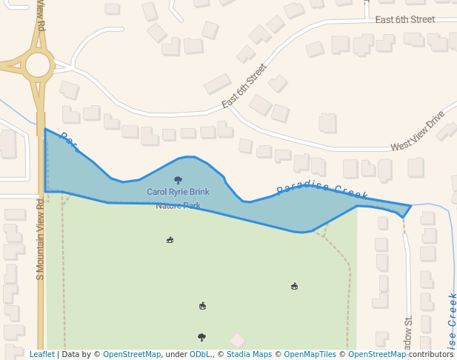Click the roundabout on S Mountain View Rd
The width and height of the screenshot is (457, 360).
click(38, 64)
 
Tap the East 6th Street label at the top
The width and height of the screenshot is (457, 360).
click(404, 19)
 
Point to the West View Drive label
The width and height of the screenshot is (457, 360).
click(417, 131)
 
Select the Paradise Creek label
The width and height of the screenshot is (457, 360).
click(322, 190)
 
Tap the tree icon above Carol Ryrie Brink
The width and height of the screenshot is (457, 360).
click(178, 180)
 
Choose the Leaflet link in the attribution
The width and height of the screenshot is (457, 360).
click(42, 355)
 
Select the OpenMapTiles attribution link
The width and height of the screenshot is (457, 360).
click(310, 355)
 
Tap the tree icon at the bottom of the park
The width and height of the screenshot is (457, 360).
click(201, 337)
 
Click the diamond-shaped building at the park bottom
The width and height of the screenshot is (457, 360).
click(237, 340)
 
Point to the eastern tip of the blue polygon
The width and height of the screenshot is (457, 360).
click(410, 206)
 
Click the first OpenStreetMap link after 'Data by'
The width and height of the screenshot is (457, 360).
click(132, 355)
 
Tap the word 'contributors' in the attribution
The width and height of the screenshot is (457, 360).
click(430, 355)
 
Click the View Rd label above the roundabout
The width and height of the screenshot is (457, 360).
click(41, 16)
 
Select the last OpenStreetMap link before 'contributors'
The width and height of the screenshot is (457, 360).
click(377, 355)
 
